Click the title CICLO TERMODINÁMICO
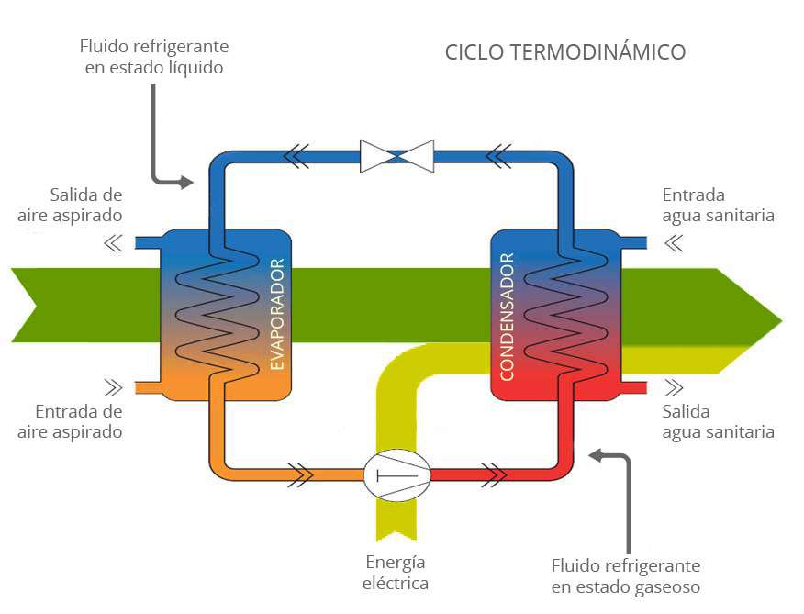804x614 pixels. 564,51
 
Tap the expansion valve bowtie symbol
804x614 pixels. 396,155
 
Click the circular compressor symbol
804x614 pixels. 396,474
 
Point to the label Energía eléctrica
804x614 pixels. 396,573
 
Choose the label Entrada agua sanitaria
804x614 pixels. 718,205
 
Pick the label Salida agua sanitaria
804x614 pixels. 718,421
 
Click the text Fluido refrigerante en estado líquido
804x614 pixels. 154,56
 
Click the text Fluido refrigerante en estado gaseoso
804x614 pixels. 625,575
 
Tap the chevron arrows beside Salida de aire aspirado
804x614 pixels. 113,243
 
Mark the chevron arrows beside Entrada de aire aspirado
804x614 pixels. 113,386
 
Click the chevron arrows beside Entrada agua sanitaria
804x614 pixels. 675,243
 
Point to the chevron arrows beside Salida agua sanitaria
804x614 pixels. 675,386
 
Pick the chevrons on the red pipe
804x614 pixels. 494,474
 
